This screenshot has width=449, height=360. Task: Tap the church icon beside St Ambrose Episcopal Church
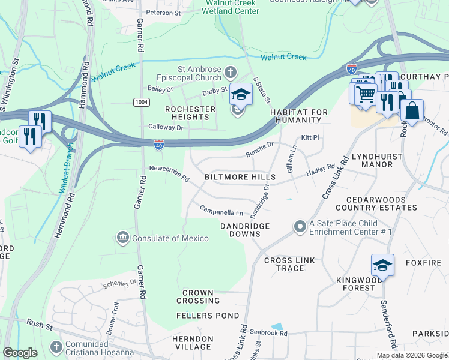click(230, 74)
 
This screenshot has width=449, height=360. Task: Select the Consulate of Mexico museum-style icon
click(123, 238)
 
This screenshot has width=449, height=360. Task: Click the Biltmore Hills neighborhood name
click(240, 177)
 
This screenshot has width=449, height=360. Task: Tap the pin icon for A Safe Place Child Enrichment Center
click(300, 227)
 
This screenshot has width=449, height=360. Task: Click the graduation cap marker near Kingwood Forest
click(382, 264)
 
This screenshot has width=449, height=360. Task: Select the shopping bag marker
click(412, 111)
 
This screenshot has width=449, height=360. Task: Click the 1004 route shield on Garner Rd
click(141, 101)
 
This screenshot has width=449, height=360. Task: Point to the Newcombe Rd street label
click(169, 174)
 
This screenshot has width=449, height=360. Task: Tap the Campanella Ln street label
click(221, 211)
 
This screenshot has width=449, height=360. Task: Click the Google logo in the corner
click(20, 352)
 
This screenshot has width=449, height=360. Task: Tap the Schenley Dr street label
click(120, 283)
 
